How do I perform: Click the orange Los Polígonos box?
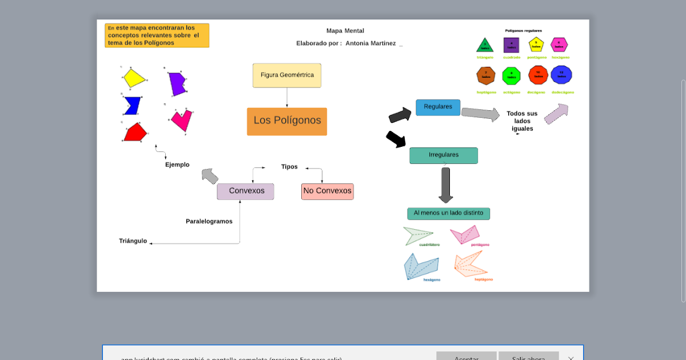tap(287, 121)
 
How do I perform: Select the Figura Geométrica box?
tap(287, 75)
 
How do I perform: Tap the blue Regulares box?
tap(438, 107)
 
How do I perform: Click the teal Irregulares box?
tap(444, 155)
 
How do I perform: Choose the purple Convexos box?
tap(246, 191)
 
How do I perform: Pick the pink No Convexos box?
tap(328, 191)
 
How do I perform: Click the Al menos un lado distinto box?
tap(448, 213)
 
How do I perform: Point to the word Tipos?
tap(289, 167)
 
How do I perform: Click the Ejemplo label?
tap(177, 165)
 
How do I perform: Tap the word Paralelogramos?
tap(209, 221)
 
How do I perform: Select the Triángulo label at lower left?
tap(133, 241)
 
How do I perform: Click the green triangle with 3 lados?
tap(485, 45)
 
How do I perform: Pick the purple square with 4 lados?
tap(511, 45)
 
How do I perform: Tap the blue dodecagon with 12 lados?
tap(561, 74)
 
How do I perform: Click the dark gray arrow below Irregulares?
tap(446, 185)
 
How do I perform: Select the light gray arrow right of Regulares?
tap(480, 114)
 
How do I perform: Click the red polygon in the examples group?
tap(135, 133)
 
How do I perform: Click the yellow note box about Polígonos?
tap(157, 35)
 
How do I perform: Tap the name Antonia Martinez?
tap(370, 43)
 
